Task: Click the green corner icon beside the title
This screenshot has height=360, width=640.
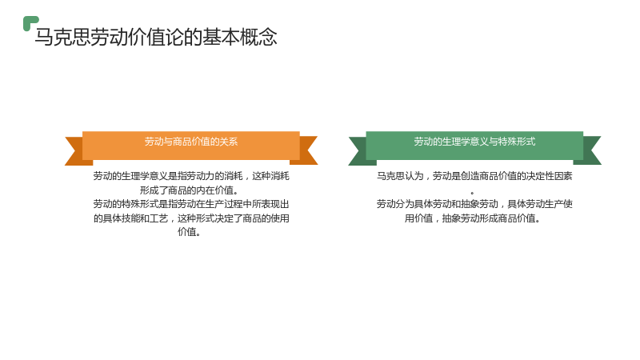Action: [30, 23]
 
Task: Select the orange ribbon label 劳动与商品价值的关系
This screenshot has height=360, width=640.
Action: [191, 142]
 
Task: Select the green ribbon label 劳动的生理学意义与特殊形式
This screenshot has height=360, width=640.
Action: [474, 142]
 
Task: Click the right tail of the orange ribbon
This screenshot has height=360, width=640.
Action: [308, 150]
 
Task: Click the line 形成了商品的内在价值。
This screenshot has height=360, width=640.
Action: [190, 190]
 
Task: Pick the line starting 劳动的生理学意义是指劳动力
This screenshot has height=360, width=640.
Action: [191, 176]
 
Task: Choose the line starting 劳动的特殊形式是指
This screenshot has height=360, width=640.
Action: [191, 204]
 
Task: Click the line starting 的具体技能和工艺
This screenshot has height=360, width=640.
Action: [191, 218]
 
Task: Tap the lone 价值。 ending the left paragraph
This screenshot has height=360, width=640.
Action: [189, 232]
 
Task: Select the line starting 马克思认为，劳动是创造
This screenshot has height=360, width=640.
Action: [474, 176]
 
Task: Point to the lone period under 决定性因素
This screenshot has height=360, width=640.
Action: [472, 193]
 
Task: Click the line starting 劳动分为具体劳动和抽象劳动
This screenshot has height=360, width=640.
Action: [474, 204]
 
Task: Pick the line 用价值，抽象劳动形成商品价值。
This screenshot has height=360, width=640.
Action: [473, 218]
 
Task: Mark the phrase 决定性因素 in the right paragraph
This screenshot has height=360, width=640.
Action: [549, 176]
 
